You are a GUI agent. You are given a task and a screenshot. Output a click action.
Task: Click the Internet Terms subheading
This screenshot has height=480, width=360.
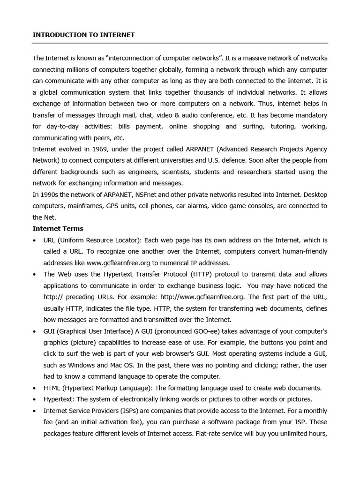click(58, 229)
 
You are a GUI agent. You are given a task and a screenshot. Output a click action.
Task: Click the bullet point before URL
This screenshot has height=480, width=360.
click(35, 240)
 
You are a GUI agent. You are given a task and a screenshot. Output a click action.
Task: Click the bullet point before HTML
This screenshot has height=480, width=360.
click(35, 389)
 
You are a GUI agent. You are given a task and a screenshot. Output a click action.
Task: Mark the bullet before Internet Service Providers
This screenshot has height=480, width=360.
click(35, 411)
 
